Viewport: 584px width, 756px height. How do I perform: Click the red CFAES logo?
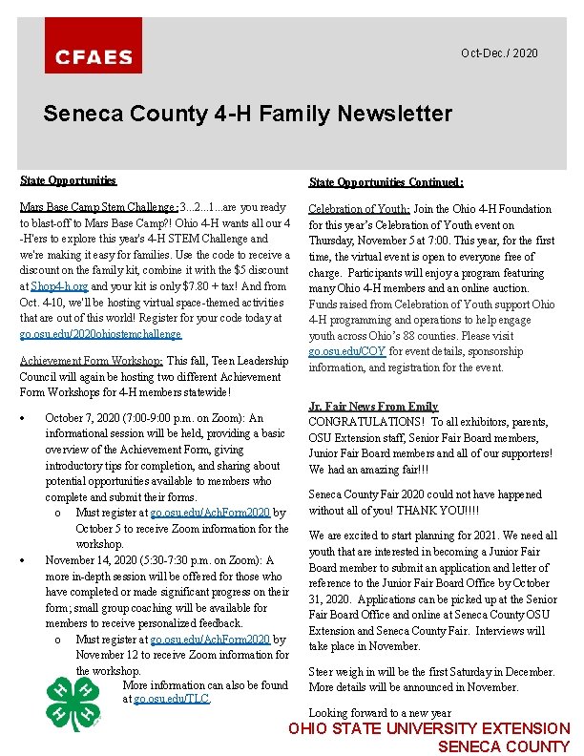point(94,46)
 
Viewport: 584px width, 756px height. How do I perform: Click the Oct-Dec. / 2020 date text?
point(499,53)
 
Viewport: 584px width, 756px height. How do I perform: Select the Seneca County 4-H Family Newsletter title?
point(247,115)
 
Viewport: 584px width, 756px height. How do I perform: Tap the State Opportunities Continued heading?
point(386,182)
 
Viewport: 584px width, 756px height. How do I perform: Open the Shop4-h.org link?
point(59,286)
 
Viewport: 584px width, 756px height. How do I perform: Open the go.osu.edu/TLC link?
point(172,700)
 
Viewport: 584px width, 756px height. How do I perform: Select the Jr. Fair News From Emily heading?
point(373,407)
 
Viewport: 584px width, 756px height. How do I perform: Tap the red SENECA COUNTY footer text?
point(503,746)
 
